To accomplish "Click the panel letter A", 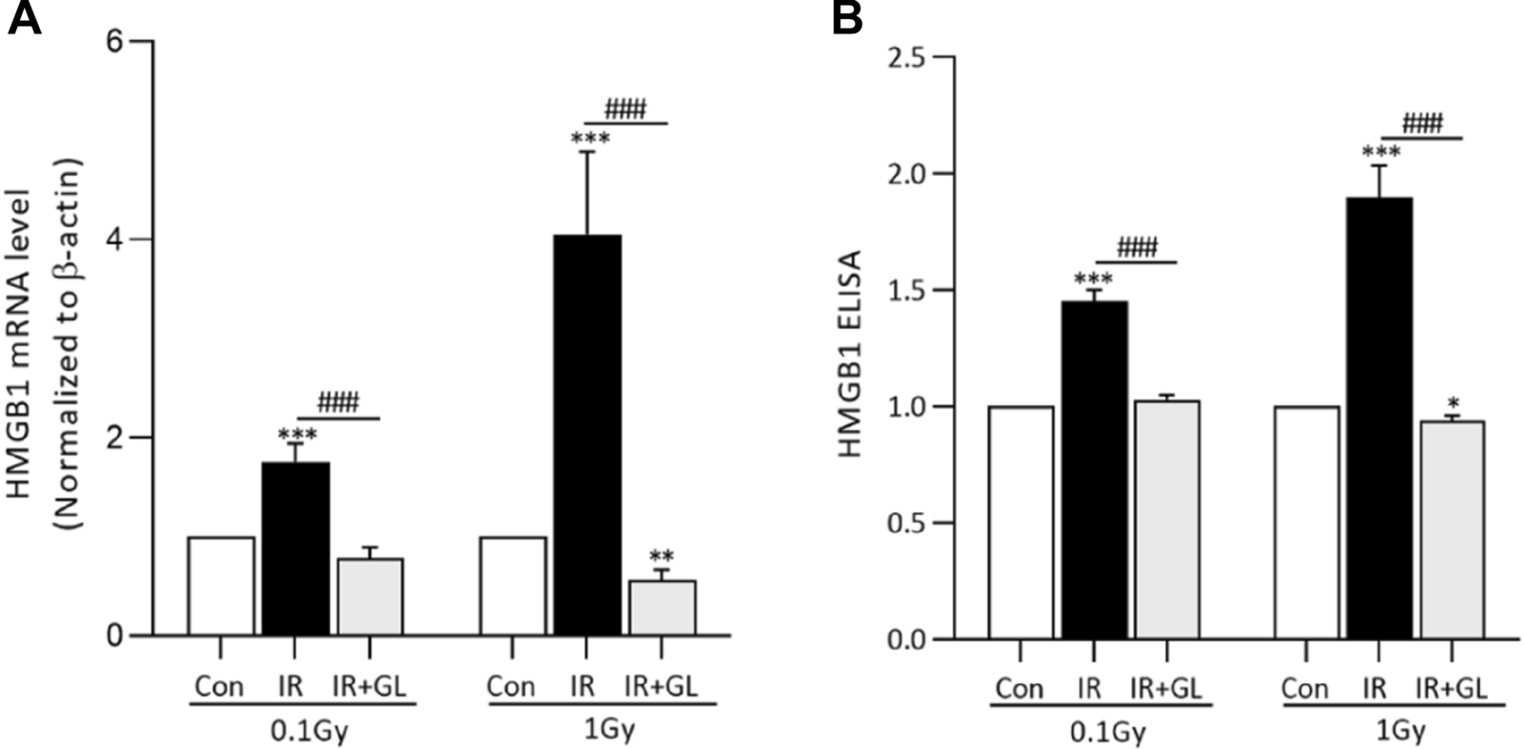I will [24, 19].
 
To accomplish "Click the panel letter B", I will [846, 19].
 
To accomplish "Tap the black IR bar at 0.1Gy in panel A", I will [295, 549].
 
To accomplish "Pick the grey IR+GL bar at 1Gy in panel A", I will [662, 608].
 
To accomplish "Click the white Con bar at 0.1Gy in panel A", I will [221, 586].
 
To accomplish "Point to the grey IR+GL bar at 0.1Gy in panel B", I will [1166, 520].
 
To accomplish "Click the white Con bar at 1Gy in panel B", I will [1306, 523].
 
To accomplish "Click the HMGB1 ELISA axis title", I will [851, 353].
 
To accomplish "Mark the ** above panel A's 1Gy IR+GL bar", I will [662, 557].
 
